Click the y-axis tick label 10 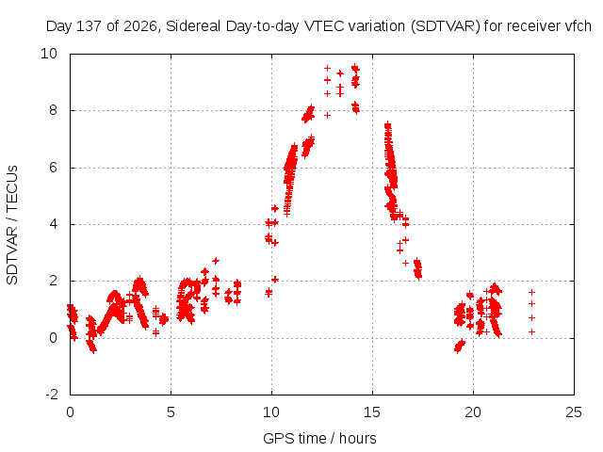[x=49, y=54]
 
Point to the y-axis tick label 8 [x=53, y=110]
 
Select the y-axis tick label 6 [x=53, y=168]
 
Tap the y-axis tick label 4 [x=53, y=224]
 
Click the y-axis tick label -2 [x=52, y=395]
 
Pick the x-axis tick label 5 [x=171, y=412]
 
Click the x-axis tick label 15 [x=372, y=412]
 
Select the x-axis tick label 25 [x=574, y=412]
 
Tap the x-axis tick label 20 [x=473, y=412]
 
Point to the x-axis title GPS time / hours [x=319, y=439]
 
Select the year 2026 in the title [x=140, y=26]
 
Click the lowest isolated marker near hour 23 [x=531, y=331]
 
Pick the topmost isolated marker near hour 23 [x=531, y=293]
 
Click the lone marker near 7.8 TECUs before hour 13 [x=327, y=115]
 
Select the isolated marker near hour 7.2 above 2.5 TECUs [x=216, y=261]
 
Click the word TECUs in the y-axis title [x=12, y=188]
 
